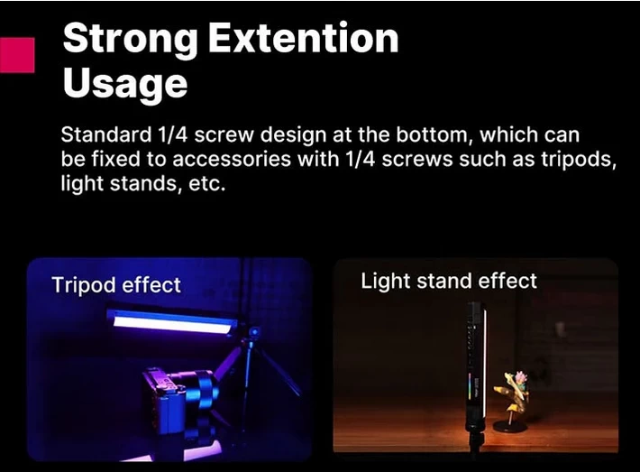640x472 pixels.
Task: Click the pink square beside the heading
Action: [x=17, y=55]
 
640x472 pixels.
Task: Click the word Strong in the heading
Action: [x=130, y=39]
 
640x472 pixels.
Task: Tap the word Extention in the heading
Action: [x=303, y=39]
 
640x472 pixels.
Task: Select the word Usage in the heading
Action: [x=124, y=83]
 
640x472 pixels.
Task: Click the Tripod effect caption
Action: [x=116, y=285]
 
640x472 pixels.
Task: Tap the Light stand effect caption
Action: [x=449, y=281]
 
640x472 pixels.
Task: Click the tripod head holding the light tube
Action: [x=251, y=337]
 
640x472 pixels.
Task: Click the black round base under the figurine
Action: [x=512, y=425]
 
